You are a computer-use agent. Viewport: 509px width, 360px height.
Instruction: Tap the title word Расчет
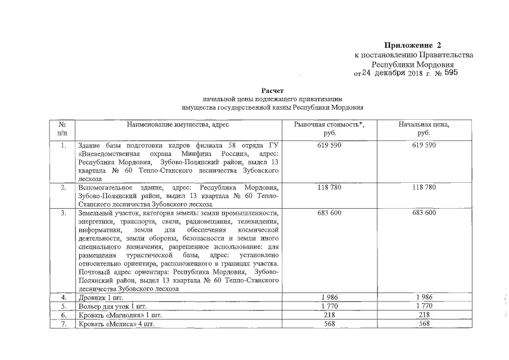click(x=273, y=90)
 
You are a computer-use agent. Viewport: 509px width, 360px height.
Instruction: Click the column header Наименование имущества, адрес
click(x=178, y=124)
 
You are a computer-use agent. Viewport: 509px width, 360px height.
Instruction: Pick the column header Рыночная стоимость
click(x=329, y=124)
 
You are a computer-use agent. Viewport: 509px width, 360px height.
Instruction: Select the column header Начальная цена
click(x=424, y=124)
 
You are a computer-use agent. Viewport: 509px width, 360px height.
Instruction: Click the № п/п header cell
click(x=63, y=128)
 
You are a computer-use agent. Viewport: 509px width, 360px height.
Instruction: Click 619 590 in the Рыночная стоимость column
click(x=329, y=145)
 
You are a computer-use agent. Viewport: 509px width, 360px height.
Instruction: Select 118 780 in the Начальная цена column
click(x=424, y=187)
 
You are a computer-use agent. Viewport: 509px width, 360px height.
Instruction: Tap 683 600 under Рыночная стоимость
click(x=329, y=213)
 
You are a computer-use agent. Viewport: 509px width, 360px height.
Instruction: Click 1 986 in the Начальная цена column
click(x=424, y=296)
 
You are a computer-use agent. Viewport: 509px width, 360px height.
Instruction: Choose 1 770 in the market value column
click(x=329, y=306)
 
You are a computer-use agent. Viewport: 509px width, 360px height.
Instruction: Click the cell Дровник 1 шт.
click(x=100, y=297)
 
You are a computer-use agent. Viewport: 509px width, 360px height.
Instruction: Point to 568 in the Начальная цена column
click(x=424, y=324)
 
